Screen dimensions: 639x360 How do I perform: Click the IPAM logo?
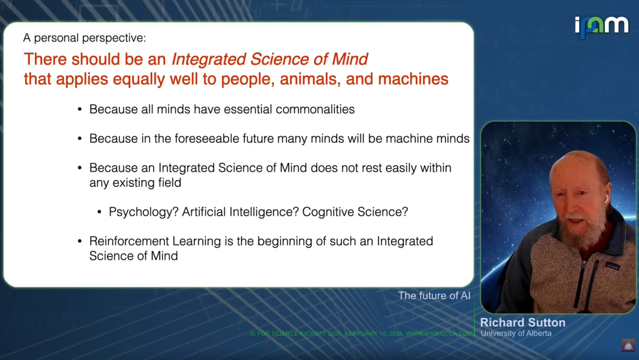point(602,27)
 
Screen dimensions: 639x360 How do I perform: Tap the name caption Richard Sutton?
point(523,323)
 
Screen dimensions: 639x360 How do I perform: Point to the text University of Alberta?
point(516,333)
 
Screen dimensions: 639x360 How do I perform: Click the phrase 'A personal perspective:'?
point(85,38)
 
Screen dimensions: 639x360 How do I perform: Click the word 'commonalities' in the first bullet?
point(315,110)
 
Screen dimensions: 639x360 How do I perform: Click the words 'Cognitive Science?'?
point(355,212)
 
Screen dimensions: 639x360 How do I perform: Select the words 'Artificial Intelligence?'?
point(240,212)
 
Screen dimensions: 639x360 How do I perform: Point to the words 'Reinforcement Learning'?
point(155,242)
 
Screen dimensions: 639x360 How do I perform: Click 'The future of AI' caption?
point(434,295)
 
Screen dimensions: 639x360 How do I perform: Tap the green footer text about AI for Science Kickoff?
point(360,333)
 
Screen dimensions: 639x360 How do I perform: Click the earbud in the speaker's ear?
point(606,199)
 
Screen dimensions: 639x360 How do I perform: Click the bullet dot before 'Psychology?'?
point(99,212)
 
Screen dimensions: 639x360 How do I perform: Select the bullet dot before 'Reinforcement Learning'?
point(79,242)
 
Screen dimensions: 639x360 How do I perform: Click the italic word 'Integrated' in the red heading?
point(209,59)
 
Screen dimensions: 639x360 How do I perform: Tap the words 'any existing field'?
point(135,182)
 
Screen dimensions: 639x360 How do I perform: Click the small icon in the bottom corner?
point(628,345)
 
